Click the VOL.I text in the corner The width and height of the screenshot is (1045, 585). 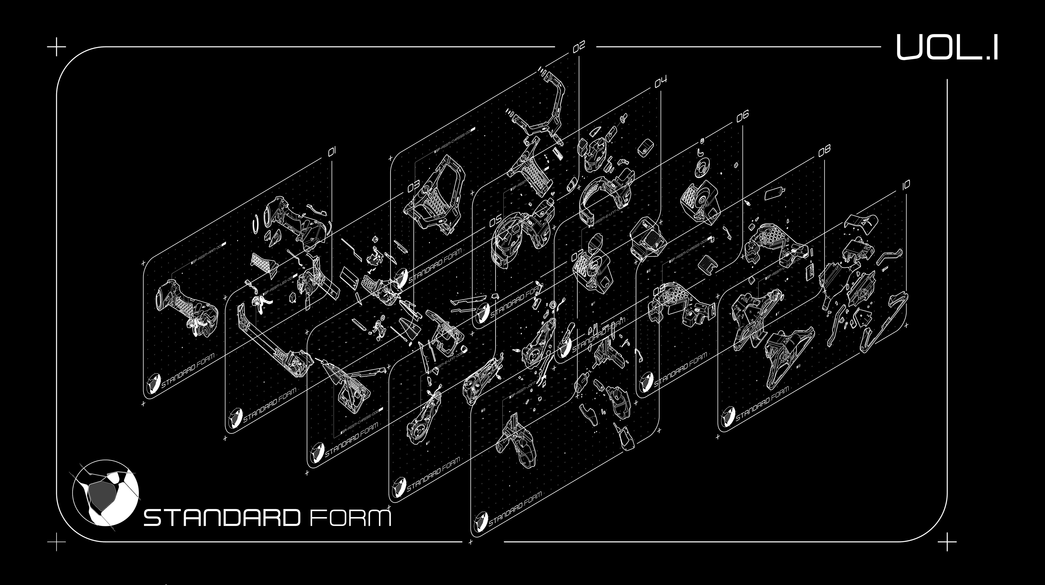click(x=946, y=47)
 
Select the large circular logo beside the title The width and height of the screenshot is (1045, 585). click(x=106, y=493)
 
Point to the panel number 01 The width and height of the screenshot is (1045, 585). click(x=332, y=152)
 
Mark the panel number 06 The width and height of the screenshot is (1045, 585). click(x=742, y=116)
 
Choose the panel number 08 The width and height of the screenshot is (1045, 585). click(x=824, y=150)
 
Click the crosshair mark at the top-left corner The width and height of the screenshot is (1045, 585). click(x=57, y=47)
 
